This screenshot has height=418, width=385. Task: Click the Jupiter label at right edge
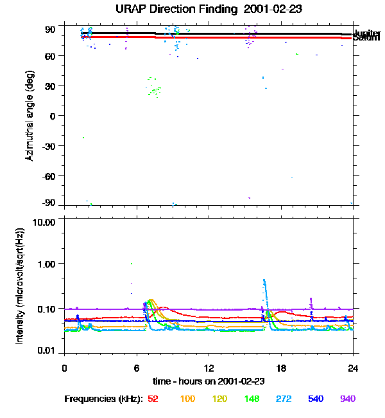(x=368, y=33)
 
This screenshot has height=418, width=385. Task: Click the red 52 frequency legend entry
(x=153, y=399)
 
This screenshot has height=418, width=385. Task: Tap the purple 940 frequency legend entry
(x=347, y=399)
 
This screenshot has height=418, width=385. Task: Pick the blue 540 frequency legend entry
(x=315, y=399)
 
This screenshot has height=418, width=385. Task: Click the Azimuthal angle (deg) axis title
(x=30, y=116)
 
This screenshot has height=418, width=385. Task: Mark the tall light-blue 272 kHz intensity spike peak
(x=264, y=280)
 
